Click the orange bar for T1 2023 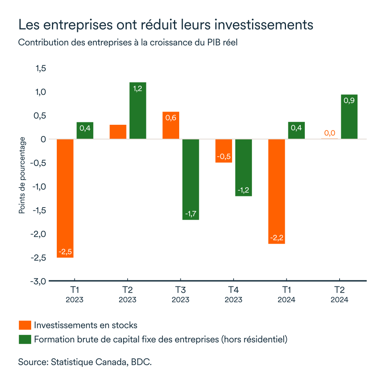[x=65, y=198]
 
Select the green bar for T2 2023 [x=138, y=111]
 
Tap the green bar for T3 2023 [x=190, y=179]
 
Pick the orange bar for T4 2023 [x=224, y=151]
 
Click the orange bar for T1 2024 [x=276, y=191]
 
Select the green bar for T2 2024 [x=349, y=117]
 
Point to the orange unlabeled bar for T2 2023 [x=118, y=132]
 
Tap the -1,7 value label [x=190, y=214]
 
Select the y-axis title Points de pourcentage [x=22, y=175]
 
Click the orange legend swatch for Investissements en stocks [x=25, y=325]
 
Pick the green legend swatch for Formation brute [x=25, y=340]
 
